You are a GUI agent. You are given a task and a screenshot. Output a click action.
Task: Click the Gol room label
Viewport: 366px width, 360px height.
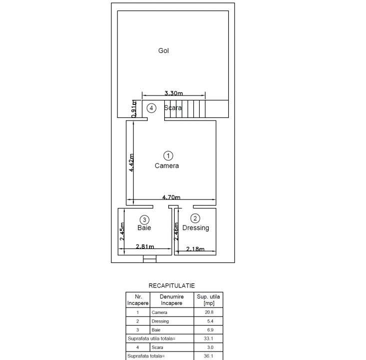[x=163, y=50]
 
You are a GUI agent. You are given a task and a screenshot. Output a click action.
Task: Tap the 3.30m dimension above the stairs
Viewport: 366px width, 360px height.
[x=173, y=93]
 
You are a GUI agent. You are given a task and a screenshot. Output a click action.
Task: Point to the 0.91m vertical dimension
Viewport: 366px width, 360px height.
[x=134, y=109]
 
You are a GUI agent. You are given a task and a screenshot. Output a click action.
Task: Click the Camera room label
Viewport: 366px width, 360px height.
[x=166, y=165]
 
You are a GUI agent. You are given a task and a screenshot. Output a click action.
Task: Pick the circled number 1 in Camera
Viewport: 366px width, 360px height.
[x=168, y=155]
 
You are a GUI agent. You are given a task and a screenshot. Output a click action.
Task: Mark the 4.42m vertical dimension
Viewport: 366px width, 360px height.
[x=131, y=162]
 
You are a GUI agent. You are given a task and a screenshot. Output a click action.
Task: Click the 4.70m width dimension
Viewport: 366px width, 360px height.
[x=171, y=197]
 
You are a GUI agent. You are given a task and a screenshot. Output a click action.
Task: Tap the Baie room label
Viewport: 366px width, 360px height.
[x=144, y=228]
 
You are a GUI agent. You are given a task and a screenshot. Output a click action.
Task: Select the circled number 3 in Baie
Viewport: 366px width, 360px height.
[x=144, y=219]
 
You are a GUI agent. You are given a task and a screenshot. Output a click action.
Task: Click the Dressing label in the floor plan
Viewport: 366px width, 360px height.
[x=195, y=228]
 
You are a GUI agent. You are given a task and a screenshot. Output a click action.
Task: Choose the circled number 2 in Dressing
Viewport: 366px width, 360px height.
[x=195, y=218]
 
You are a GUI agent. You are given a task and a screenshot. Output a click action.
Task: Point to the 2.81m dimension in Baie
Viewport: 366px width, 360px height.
[x=144, y=246]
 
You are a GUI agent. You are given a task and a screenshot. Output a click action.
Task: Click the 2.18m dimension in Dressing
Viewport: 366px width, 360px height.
[x=195, y=248]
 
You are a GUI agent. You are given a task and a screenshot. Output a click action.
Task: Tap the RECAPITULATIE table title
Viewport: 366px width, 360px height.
[x=171, y=285]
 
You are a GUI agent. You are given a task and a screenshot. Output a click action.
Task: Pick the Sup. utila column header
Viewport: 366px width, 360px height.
[x=209, y=299]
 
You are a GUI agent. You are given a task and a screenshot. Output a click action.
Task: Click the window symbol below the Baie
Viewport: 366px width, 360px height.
[x=149, y=259]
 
